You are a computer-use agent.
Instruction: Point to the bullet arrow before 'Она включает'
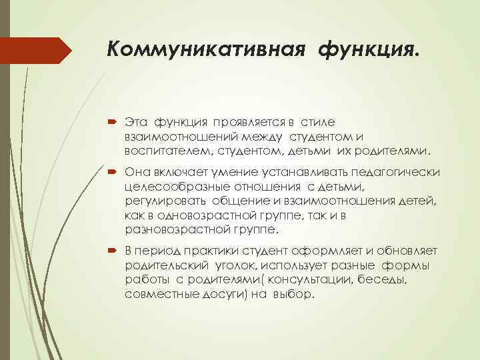point(111,172)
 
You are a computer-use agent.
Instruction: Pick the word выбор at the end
point(293,294)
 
